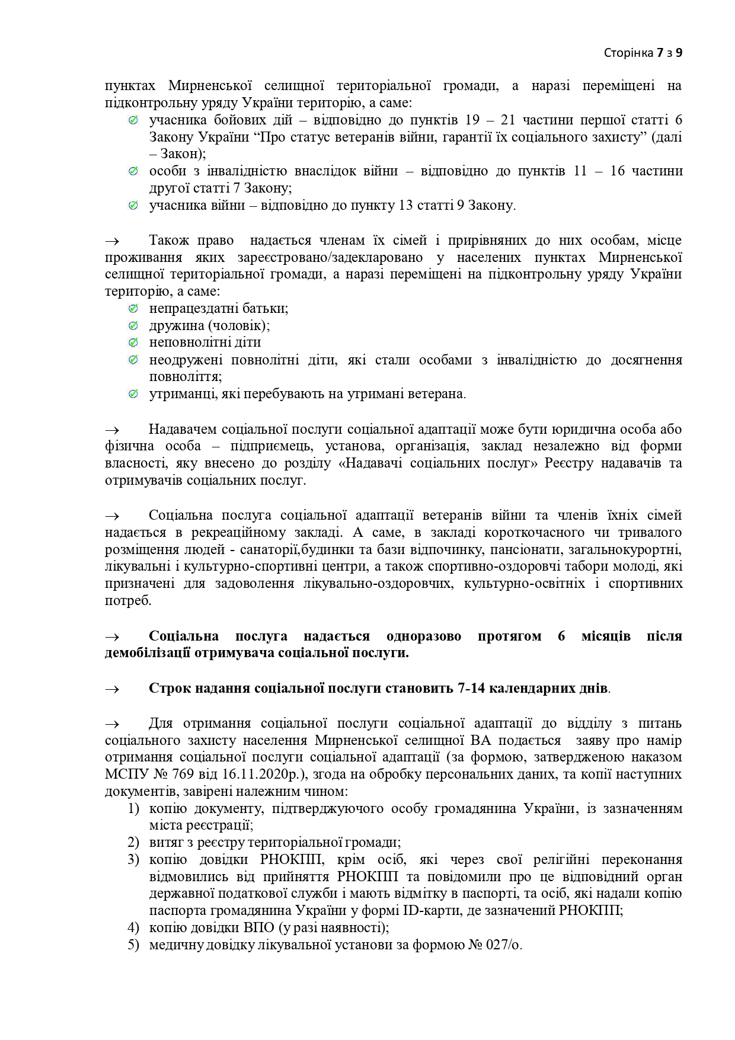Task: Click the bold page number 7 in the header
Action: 660,53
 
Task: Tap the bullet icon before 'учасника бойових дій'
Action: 133,120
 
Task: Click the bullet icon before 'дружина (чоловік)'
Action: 133,325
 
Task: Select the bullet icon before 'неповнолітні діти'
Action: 133,343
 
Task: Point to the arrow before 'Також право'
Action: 112,241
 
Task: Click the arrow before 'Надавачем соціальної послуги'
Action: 112,430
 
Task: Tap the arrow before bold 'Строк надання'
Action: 112,689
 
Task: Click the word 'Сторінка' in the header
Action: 628,53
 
